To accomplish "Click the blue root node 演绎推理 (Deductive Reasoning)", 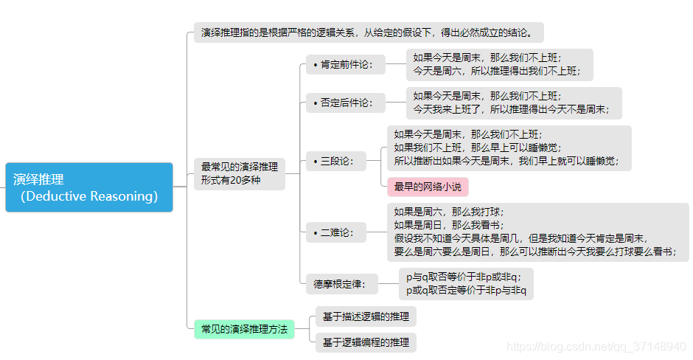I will tap(89, 187).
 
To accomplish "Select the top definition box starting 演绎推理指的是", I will tap(372, 32).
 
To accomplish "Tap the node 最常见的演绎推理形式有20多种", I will tap(240, 173).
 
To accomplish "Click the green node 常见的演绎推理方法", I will tap(244, 329).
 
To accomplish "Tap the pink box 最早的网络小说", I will tap(428, 187).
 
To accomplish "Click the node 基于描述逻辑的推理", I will tap(366, 317).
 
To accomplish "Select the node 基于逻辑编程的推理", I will tap(366, 342).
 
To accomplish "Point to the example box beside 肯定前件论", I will tap(499, 64).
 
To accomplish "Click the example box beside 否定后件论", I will tap(513, 103).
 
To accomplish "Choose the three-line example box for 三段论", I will tap(509, 148).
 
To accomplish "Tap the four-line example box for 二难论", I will tap(538, 232).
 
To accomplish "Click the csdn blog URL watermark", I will tap(598, 347).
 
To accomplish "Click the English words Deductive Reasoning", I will tap(90, 196).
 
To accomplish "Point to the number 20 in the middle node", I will tap(236, 180).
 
